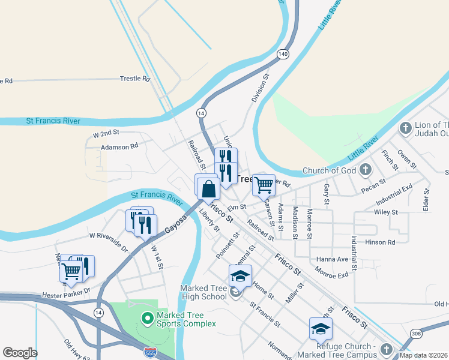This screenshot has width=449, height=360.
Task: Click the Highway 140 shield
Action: click(x=282, y=55)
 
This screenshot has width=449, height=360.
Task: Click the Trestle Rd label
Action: click(x=134, y=79)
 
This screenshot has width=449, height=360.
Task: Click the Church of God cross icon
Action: click(x=365, y=170)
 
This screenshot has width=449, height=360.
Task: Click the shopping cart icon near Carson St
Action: click(x=264, y=185)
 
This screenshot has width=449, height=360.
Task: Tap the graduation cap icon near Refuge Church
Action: click(x=321, y=329)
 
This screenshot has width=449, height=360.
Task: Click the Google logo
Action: click(x=20, y=353)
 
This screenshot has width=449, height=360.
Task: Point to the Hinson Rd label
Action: click(x=383, y=242)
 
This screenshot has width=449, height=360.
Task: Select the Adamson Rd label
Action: click(x=119, y=145)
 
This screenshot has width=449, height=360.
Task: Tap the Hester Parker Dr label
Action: click(x=66, y=295)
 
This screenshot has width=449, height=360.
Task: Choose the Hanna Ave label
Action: click(x=333, y=259)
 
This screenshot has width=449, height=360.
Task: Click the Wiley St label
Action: click(x=385, y=212)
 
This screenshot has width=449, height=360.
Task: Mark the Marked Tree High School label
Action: click(x=204, y=292)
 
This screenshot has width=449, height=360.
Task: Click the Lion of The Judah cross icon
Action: click(x=406, y=128)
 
